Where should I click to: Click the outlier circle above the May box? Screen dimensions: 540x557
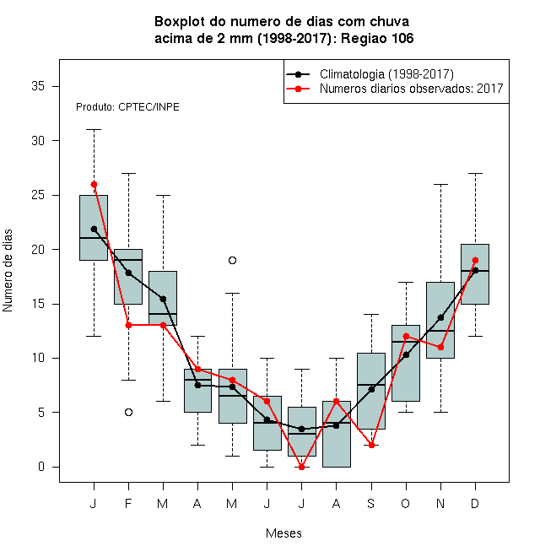[232, 261]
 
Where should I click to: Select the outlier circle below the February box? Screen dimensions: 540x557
[128, 412]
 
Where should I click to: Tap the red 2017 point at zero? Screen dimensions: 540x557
[301, 467]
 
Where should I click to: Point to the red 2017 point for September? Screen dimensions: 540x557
[371, 445]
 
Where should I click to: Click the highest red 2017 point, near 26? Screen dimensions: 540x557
[94, 184]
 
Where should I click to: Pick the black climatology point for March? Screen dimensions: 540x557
[163, 299]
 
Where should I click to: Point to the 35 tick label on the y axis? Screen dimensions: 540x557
[38, 86]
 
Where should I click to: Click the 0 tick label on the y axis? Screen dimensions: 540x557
[41, 467]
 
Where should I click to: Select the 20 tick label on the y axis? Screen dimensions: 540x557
[38, 249]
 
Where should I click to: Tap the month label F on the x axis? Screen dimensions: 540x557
[128, 503]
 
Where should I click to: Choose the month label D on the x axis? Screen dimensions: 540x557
[475, 503]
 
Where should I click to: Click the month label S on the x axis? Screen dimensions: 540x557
[371, 503]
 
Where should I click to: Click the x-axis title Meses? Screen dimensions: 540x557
[283, 533]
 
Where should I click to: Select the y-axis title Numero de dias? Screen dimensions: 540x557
[8, 271]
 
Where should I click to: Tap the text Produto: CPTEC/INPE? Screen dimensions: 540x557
[127, 107]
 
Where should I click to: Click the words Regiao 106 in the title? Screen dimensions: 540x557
[377, 38]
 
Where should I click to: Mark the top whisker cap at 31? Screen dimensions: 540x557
[94, 130]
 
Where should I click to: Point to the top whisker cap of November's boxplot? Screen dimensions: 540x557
[441, 184]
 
